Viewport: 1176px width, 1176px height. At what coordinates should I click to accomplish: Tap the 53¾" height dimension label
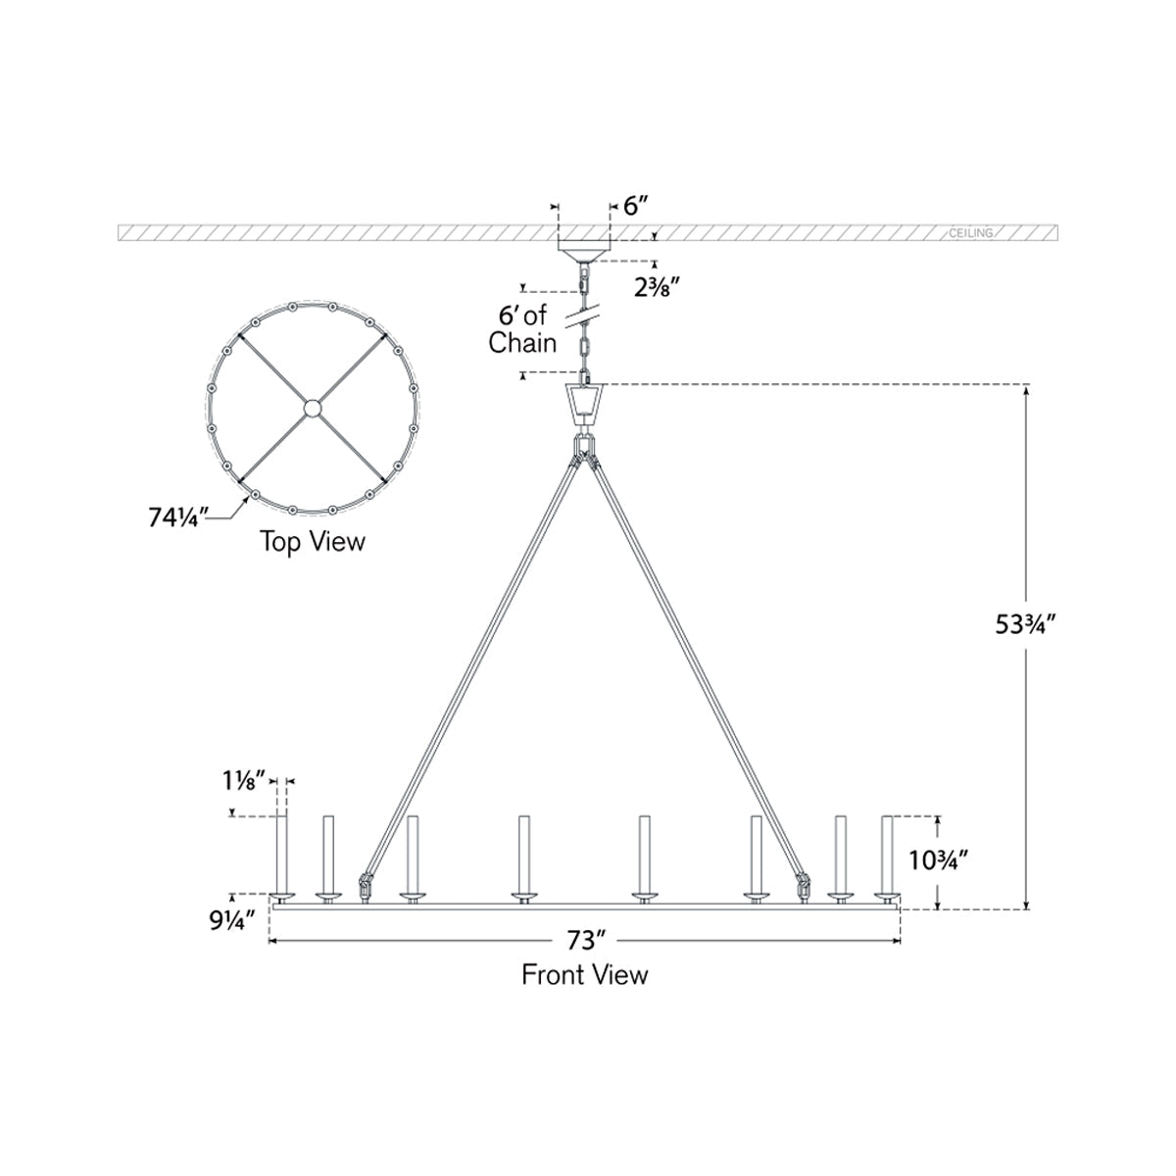(x=1025, y=624)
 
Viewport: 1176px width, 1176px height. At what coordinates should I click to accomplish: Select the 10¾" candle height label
(x=939, y=860)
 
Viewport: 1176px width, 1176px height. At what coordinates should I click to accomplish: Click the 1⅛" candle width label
(x=244, y=780)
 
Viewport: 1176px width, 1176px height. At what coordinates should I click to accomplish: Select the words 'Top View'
(x=313, y=541)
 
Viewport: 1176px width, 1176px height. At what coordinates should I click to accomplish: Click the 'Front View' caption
(x=585, y=974)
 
